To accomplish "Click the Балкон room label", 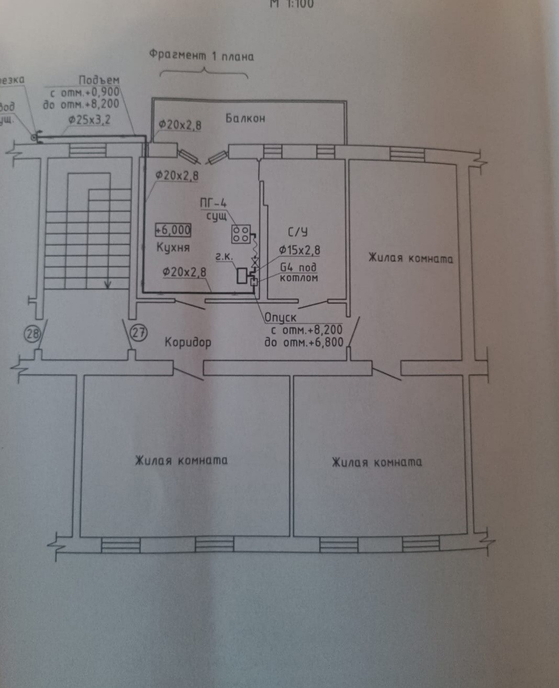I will [245, 118].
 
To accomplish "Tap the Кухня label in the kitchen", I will [173, 247].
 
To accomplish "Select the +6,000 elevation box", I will [173, 230].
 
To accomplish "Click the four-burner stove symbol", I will [241, 234].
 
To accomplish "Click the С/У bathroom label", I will [297, 232].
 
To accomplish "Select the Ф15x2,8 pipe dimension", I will [299, 251].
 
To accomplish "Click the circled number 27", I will [138, 333].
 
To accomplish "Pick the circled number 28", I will [33, 334].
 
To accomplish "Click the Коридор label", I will [188, 343].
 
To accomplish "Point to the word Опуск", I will [281, 318].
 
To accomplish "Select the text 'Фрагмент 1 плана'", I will [202, 55].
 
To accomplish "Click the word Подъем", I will [99, 81].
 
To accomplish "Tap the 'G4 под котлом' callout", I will [298, 273].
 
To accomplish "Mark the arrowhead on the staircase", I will [108, 285].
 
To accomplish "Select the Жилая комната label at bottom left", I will [181, 460].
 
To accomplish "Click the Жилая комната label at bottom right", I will [376, 463].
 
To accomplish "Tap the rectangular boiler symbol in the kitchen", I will [242, 275].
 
